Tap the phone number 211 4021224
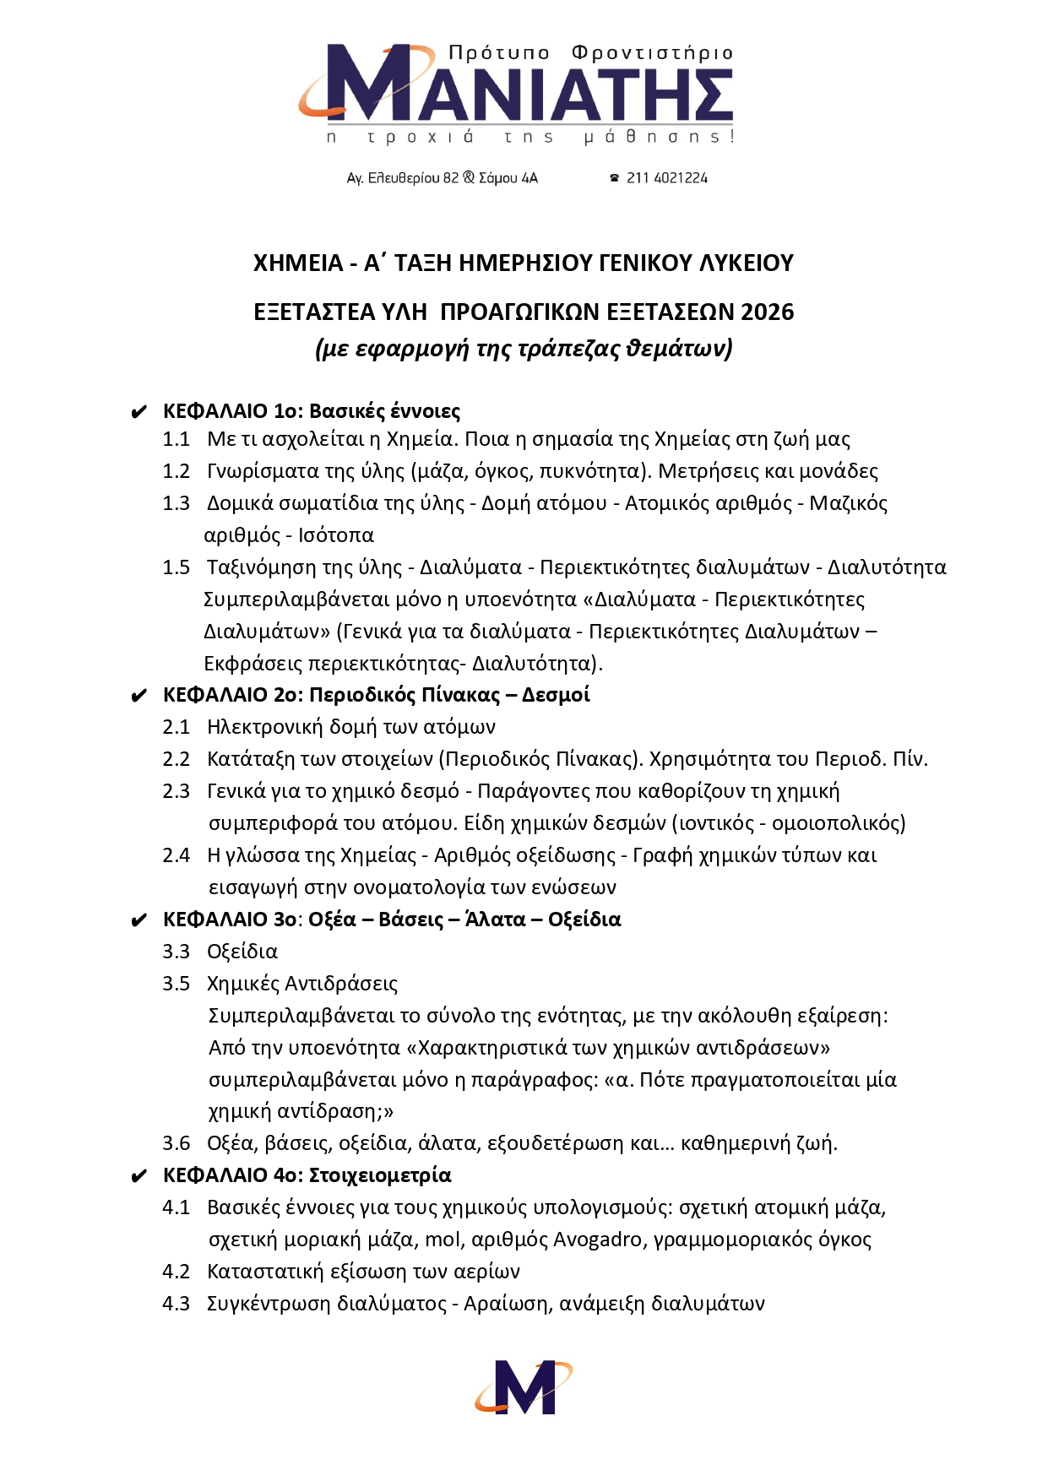(x=666, y=178)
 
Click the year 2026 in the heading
(x=767, y=312)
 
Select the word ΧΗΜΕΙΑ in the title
(x=298, y=263)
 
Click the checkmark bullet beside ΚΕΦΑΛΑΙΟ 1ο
(x=139, y=413)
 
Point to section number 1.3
(x=176, y=503)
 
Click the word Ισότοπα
(x=335, y=535)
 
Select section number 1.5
(x=176, y=567)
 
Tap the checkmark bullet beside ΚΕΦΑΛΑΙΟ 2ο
(x=139, y=697)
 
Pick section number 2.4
(x=176, y=855)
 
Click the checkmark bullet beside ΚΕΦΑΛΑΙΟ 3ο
(x=139, y=921)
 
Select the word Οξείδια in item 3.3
(x=242, y=952)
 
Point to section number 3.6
(x=176, y=1143)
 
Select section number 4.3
(x=176, y=1304)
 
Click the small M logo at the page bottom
(x=523, y=1386)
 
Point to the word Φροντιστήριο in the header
(x=652, y=53)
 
